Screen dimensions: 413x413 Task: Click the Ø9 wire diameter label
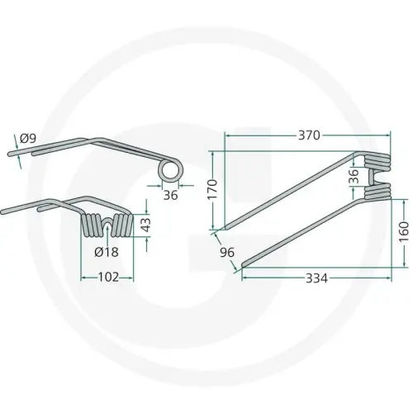tap(28, 139)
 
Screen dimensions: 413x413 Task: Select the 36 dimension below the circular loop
tap(171, 195)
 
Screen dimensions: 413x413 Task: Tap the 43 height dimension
tap(146, 225)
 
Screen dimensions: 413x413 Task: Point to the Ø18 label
tap(107, 252)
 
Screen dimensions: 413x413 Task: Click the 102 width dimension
tap(108, 278)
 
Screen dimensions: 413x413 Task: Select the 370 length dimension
tap(309, 135)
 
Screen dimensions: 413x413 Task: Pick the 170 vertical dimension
tap(212, 189)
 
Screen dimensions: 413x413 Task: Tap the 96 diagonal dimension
tap(227, 252)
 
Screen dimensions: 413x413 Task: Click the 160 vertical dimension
tap(404, 231)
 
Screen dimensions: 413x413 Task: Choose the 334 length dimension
tap(316, 278)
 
